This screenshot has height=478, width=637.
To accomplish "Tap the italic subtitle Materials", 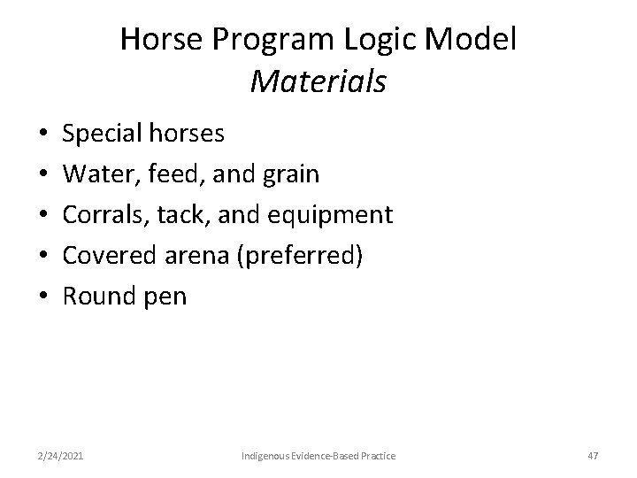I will point(318,81).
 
